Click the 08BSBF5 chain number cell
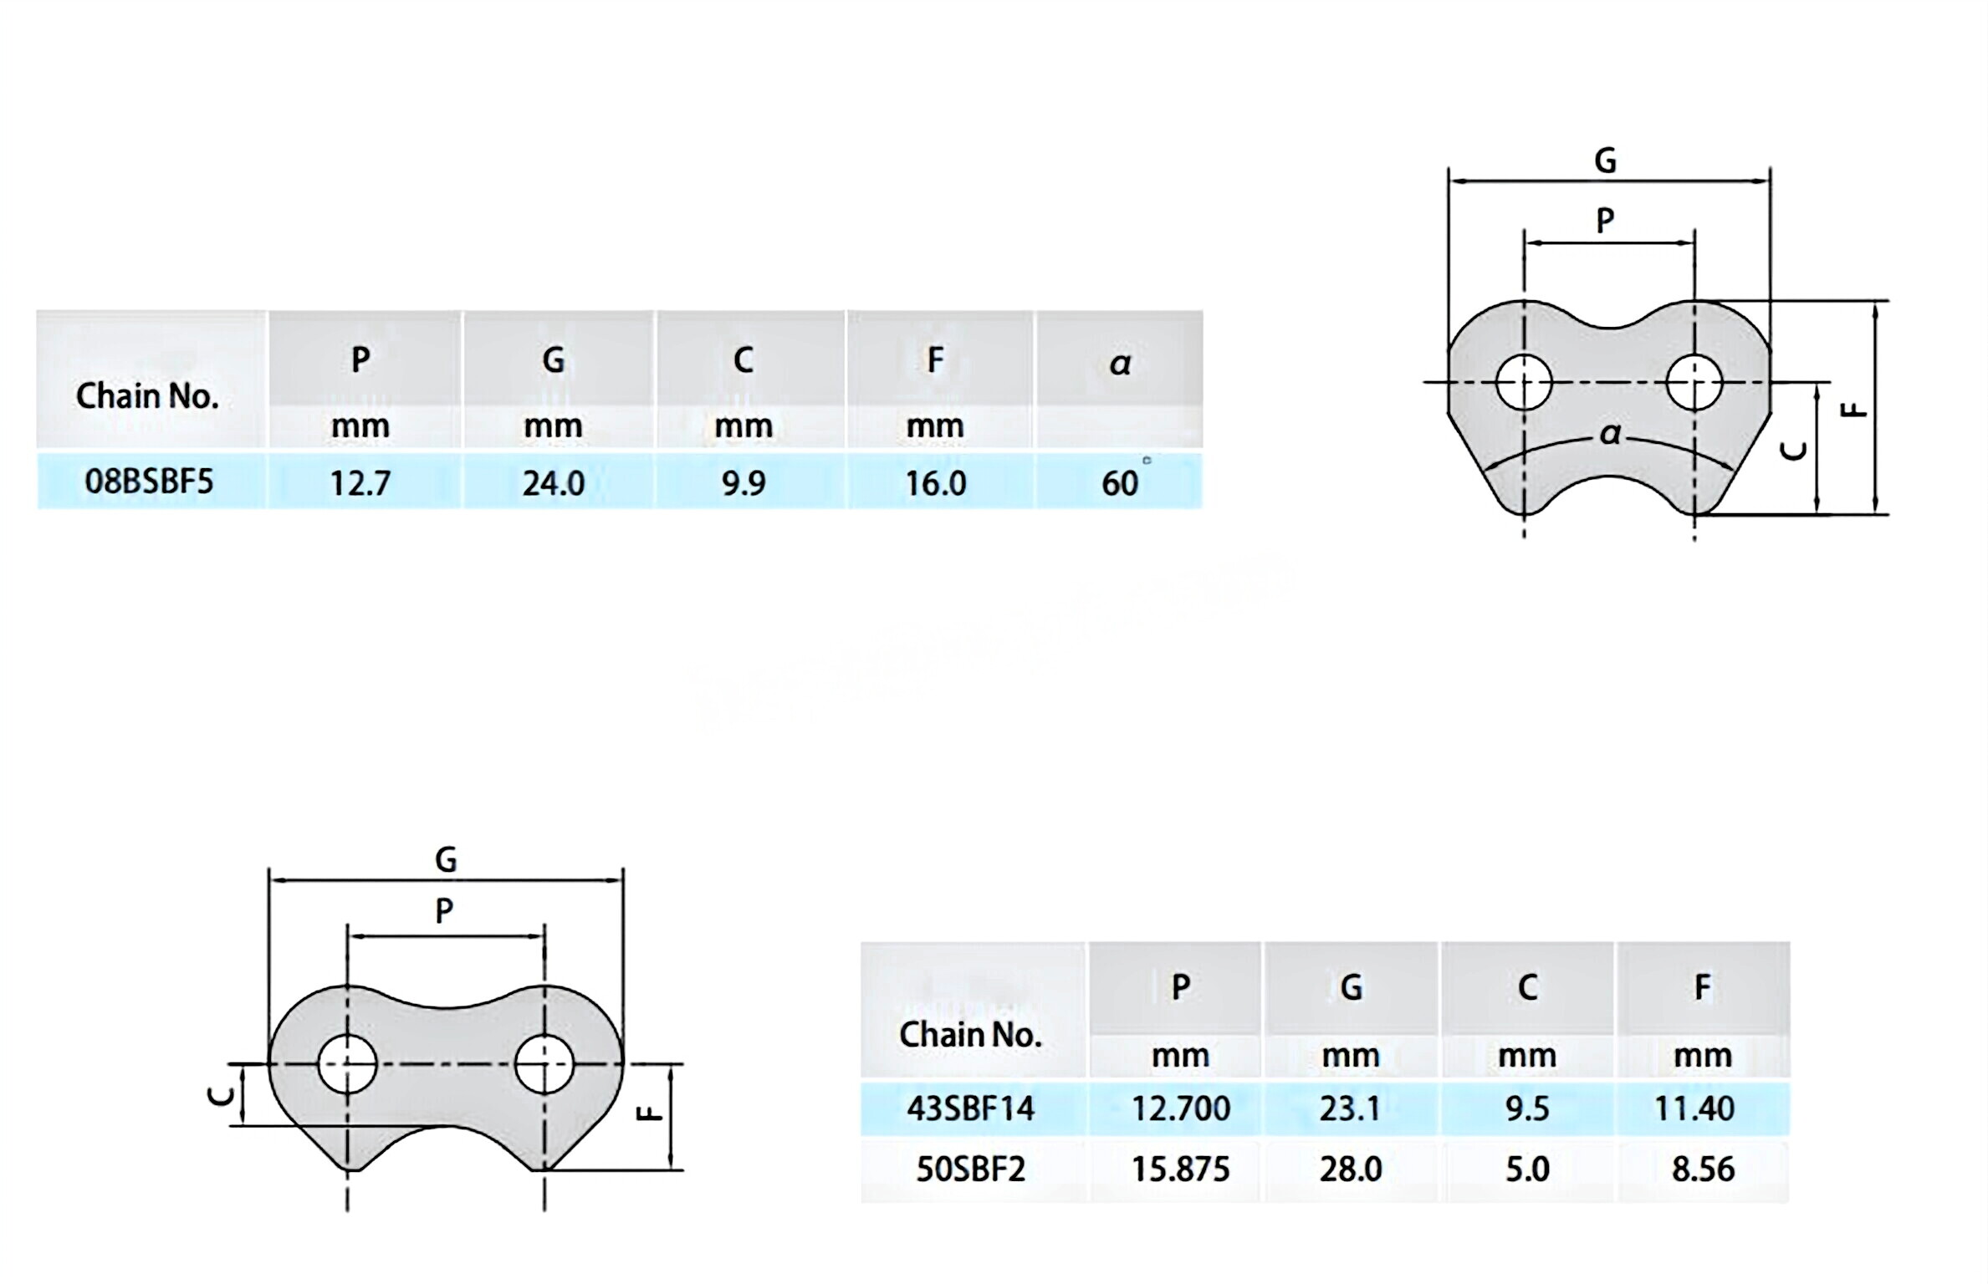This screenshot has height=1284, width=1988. (x=150, y=481)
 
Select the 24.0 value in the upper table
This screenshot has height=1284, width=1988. (x=554, y=483)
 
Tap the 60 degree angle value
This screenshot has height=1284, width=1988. (x=1121, y=483)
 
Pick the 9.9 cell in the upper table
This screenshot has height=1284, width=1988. (x=744, y=483)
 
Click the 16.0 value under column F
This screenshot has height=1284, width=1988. (x=936, y=483)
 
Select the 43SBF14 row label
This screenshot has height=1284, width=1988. (x=971, y=1108)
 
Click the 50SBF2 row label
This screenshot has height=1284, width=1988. (x=971, y=1169)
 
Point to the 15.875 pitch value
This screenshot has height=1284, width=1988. (x=1180, y=1169)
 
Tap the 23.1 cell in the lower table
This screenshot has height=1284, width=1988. (x=1350, y=1108)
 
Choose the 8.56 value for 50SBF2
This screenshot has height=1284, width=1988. (x=1703, y=1169)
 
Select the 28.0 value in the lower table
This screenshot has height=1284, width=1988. (x=1351, y=1169)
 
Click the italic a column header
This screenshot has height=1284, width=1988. (x=1120, y=363)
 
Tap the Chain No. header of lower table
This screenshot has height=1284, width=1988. (x=970, y=1035)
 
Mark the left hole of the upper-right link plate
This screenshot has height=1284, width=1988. (x=1524, y=383)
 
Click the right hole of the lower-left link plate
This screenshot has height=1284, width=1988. (x=544, y=1064)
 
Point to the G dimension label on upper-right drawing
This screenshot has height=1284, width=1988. (x=1605, y=160)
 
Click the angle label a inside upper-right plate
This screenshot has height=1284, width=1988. (x=1610, y=434)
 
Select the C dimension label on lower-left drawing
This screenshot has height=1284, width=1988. (x=220, y=1095)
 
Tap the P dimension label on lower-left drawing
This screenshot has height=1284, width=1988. (x=445, y=910)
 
